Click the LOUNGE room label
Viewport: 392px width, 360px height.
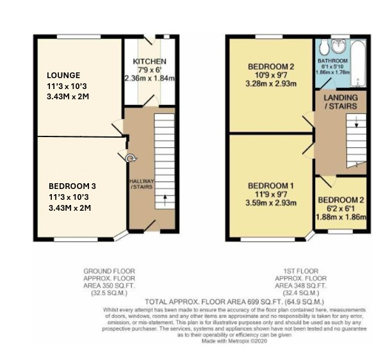[x=63, y=75]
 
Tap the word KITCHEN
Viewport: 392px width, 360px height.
[x=149, y=61]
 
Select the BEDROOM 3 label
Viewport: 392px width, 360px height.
[x=72, y=186]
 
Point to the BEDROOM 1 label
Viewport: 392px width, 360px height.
[x=271, y=186]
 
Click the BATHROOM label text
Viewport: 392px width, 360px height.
[x=332, y=61]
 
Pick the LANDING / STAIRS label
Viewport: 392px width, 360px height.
[x=341, y=102]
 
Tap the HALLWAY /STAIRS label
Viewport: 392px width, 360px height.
[x=142, y=184]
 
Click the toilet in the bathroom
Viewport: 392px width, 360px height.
[x=323, y=47]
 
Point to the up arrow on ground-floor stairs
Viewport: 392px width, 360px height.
[x=165, y=200]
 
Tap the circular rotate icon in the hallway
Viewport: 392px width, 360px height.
[x=131, y=158]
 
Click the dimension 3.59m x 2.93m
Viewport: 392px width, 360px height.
[x=271, y=203]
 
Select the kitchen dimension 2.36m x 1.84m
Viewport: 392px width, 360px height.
[x=150, y=78]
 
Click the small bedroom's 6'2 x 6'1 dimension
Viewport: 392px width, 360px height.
[x=341, y=208]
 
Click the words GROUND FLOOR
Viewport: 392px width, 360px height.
[x=110, y=271]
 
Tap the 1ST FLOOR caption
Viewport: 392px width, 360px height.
[x=301, y=271]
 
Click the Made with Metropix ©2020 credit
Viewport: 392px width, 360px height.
[x=234, y=341]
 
